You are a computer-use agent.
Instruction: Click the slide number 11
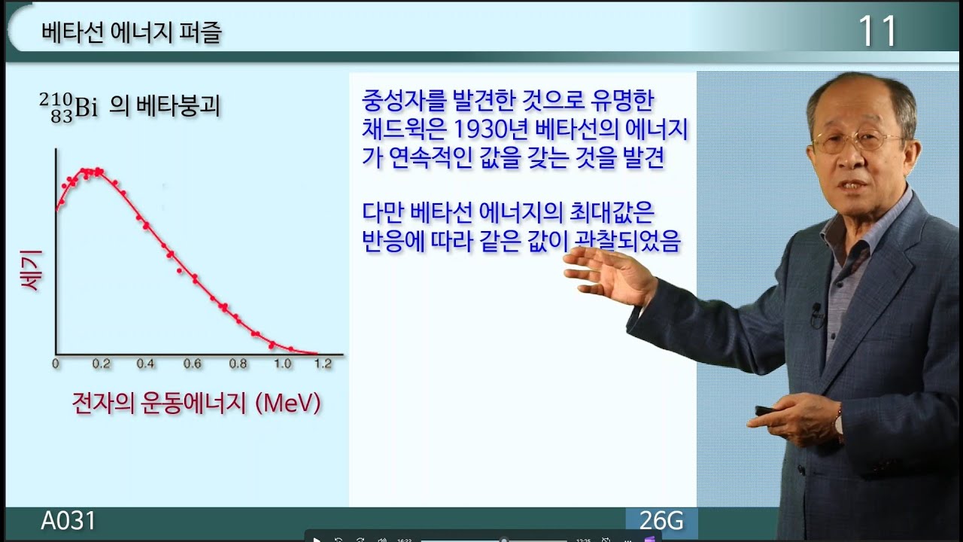pos(878,32)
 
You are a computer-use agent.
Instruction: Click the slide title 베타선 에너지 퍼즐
pos(132,33)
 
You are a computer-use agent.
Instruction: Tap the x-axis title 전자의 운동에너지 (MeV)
pos(196,403)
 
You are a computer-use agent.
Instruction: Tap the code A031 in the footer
pos(68,521)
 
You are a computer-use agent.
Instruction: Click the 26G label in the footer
pos(661,521)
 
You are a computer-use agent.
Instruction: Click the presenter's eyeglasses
pos(858,141)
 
